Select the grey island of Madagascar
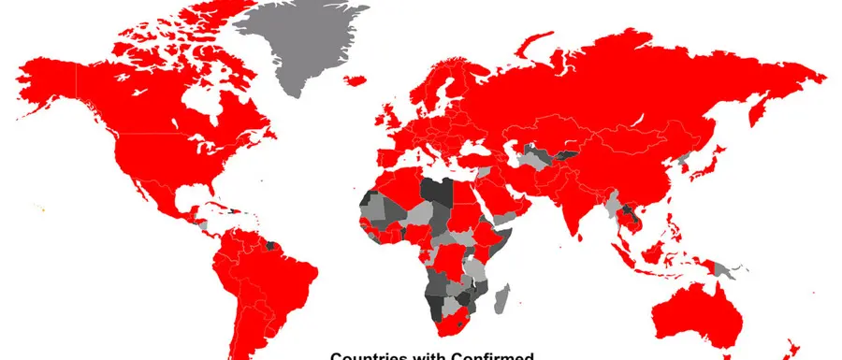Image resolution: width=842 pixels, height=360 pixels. [502, 300]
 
